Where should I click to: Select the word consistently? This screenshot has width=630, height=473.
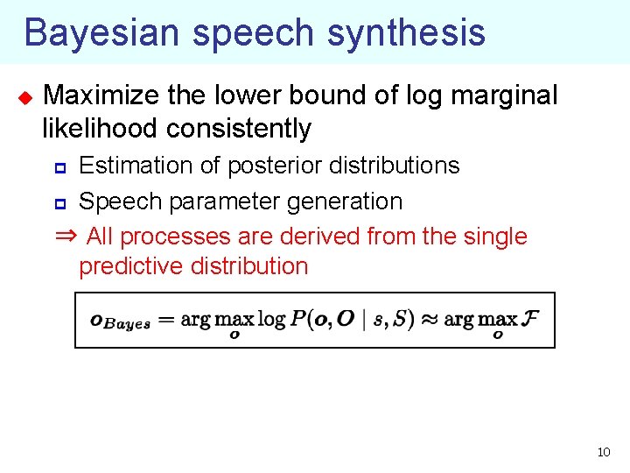tap(238, 129)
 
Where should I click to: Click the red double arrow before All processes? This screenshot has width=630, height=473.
tap(66, 236)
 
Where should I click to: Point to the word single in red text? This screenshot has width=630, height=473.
tap(494, 236)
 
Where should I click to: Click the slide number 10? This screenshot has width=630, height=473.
tap(603, 452)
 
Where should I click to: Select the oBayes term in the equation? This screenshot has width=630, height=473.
tap(120, 321)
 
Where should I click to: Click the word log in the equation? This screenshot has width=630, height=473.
tap(271, 318)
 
